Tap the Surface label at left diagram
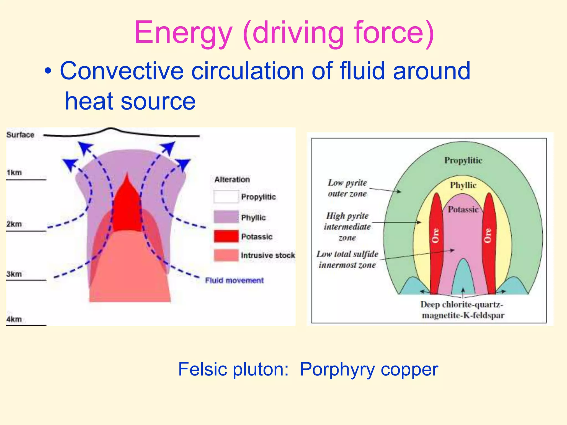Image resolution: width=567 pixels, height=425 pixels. pos(20,135)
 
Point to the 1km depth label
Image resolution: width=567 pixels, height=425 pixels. pos(14,172)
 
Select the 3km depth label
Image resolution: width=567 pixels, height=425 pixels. pos(14,274)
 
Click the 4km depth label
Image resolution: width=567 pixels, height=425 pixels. pos(14,319)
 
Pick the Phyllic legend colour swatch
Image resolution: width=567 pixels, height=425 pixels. pos(226,217)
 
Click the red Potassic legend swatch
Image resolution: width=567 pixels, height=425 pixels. pos(226,236)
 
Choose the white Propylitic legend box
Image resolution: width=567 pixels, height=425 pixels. pos(226,197)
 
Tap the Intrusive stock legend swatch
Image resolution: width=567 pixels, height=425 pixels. pos(226,255)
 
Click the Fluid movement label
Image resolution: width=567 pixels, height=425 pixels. pos(234,280)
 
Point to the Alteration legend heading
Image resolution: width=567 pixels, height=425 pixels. pos(232,179)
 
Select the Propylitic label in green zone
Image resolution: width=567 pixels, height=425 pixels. pos(463,160)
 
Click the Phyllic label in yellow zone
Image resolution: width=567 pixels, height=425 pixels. pos(463,185)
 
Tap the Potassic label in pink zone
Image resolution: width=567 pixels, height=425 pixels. pos(463,209)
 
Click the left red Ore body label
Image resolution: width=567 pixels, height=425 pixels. pos(435,235)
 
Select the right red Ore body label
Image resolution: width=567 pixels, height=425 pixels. pos(488,235)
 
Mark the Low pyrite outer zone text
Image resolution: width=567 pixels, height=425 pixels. pos(347,188)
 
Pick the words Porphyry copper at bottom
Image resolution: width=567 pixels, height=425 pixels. pos(369,369)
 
